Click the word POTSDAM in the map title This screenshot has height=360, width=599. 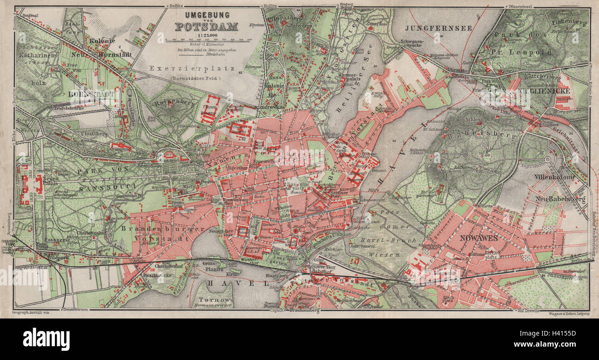tap(206, 26)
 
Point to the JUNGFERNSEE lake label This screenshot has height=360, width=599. tap(438, 28)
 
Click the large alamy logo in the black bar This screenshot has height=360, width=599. tap(46, 339)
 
